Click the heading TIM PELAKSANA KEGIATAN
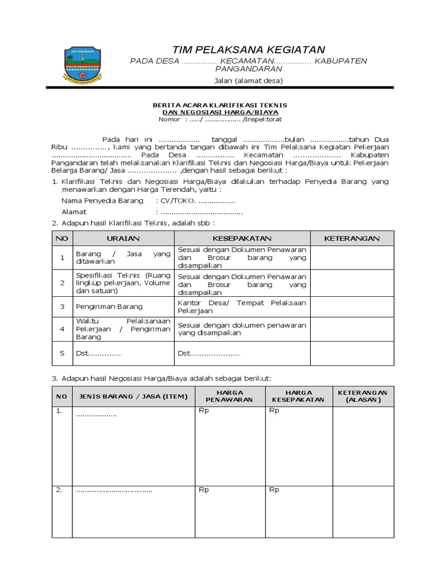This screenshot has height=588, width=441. click(249, 49)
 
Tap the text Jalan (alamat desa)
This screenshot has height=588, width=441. click(249, 80)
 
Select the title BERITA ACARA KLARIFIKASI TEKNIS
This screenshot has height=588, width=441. click(219, 105)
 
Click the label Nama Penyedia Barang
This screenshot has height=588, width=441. click(102, 201)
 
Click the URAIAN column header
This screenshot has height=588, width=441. click(123, 238)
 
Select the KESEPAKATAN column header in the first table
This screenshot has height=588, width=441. click(242, 238)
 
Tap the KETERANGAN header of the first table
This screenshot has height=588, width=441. click(351, 238)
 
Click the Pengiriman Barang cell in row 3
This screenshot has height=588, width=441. click(109, 307)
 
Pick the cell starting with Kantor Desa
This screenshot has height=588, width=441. click(242, 307)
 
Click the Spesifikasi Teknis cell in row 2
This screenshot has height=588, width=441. click(123, 283)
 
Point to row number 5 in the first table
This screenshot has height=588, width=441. click(62, 353)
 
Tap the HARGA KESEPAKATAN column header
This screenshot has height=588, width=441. click(298, 396)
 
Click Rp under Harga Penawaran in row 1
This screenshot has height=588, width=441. click(204, 411)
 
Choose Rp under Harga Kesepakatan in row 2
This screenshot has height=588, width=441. click(274, 490)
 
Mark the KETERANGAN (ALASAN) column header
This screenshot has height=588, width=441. click(363, 396)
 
